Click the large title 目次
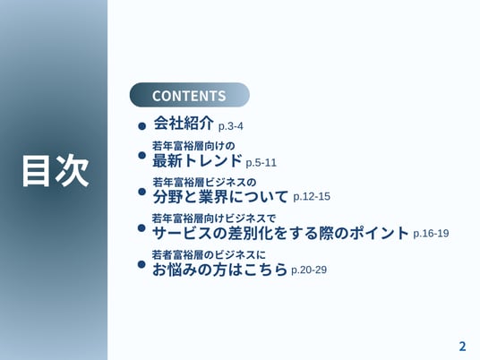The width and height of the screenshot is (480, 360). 56,170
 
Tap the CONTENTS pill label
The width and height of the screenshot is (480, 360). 189,96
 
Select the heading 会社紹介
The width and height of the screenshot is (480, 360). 184,124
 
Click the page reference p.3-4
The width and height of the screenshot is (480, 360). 231,126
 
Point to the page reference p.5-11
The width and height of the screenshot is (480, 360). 261,163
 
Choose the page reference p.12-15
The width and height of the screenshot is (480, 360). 312,196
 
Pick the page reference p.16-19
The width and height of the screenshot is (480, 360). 431,234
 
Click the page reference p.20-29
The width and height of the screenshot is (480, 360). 309,270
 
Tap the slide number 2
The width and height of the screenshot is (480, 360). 462,347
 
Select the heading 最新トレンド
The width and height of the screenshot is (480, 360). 197,160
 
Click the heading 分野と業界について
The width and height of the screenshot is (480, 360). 220,197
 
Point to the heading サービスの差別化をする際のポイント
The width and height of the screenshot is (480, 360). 280,233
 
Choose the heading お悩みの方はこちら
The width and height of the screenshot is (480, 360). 219,270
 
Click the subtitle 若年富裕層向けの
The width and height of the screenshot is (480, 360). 193,146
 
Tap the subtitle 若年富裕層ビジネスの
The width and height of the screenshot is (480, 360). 204,183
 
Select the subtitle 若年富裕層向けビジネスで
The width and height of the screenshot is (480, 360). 214,219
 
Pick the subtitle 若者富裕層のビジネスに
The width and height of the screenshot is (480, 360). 209,254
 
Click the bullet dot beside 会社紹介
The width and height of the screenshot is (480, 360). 141,125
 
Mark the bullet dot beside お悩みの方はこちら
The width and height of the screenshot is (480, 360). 141,264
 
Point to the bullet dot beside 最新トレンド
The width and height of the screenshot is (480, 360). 141,155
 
